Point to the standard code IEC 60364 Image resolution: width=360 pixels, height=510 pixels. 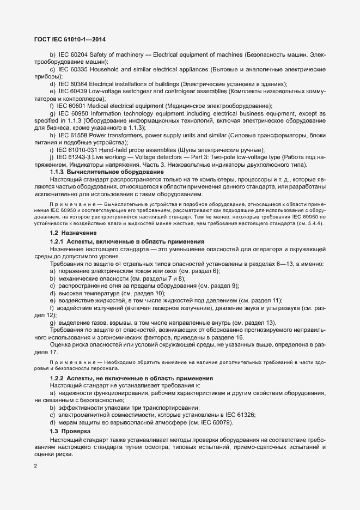(x=72, y=84)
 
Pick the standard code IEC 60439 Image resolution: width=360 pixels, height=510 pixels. (x=72, y=92)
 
